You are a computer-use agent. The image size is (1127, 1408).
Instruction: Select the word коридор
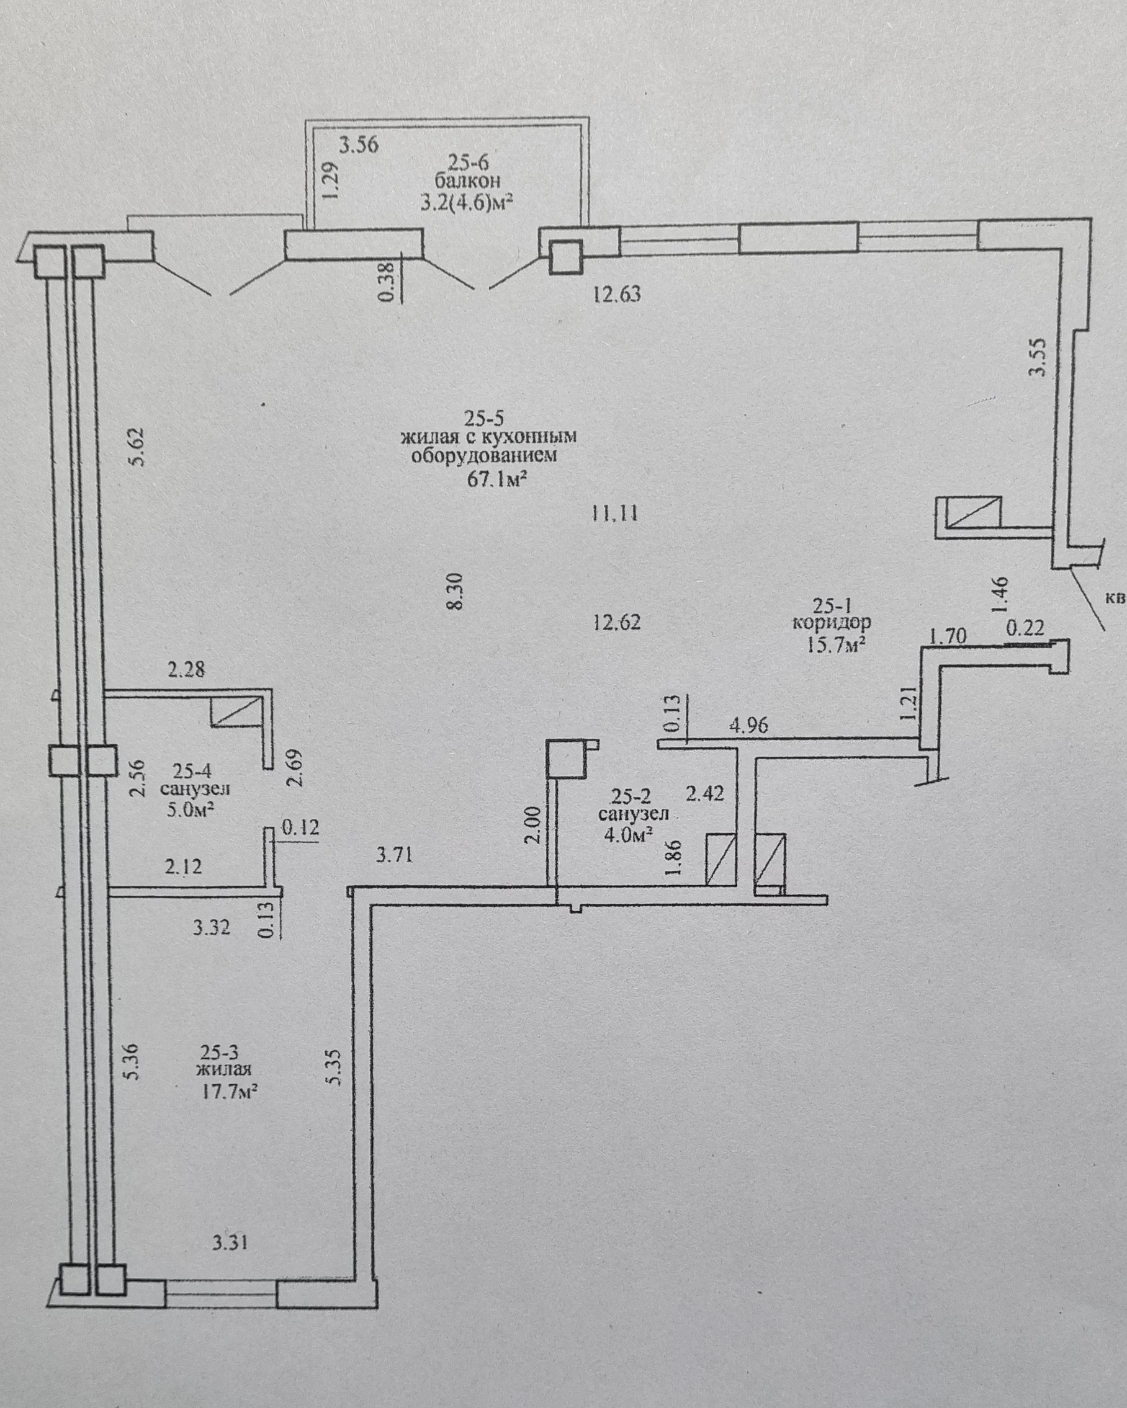pos(832,623)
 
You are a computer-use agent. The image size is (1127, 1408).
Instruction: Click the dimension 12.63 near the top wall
pos(617,295)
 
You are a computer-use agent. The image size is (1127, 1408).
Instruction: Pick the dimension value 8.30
pos(456,591)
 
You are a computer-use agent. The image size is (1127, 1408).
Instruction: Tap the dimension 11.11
pos(614,514)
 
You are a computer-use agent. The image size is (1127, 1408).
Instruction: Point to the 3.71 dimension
pos(395,854)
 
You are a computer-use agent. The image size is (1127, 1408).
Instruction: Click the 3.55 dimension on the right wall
pos(1038,357)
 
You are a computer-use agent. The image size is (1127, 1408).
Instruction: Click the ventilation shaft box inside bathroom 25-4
pos(235,711)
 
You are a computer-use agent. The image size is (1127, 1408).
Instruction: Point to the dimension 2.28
pos(186,669)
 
